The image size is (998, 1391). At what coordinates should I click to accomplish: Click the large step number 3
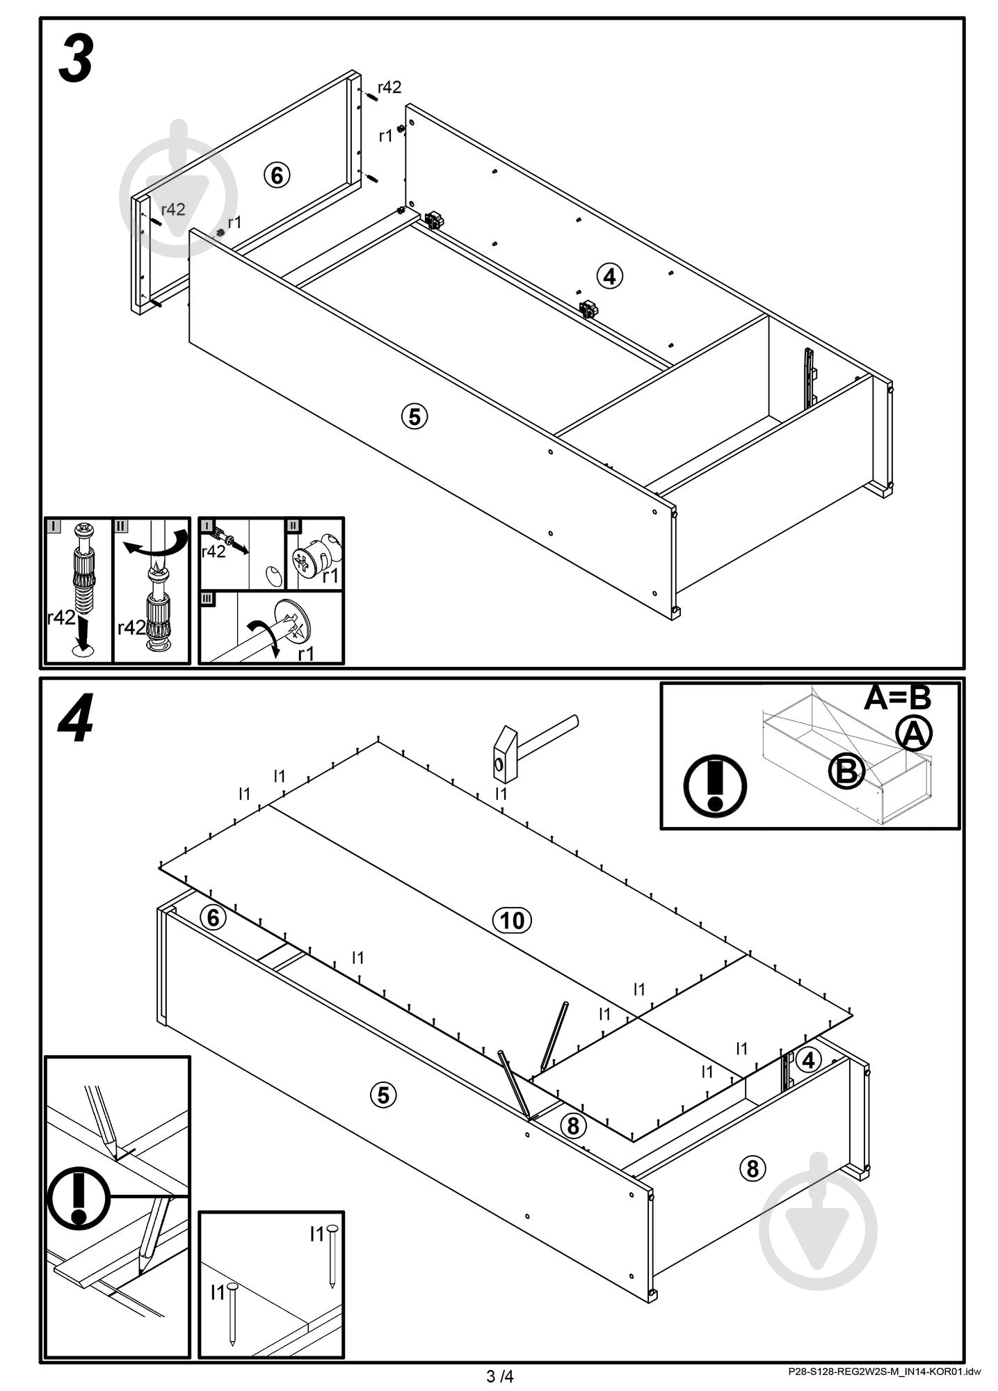(77, 61)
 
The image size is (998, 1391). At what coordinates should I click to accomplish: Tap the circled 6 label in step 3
(277, 175)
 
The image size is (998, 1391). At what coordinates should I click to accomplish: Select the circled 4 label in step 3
(609, 276)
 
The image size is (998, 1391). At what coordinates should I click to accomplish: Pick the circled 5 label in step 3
(415, 417)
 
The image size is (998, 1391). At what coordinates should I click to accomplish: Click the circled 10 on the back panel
(512, 920)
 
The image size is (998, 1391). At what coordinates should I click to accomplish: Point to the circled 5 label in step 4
(383, 1095)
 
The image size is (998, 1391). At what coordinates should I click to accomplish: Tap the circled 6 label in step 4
(213, 917)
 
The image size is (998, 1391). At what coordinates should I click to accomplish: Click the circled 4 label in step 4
(807, 1060)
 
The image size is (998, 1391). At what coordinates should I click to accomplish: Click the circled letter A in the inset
(914, 734)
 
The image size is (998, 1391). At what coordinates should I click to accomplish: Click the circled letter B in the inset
(846, 771)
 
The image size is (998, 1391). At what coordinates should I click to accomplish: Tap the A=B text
(896, 698)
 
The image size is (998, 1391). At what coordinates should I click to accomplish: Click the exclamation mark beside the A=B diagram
(715, 786)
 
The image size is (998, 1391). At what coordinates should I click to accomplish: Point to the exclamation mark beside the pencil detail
(78, 1196)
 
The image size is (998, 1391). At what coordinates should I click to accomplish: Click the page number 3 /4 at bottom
(499, 1376)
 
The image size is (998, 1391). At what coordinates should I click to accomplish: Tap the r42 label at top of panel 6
(389, 87)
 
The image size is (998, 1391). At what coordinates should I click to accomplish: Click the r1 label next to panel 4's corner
(385, 136)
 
